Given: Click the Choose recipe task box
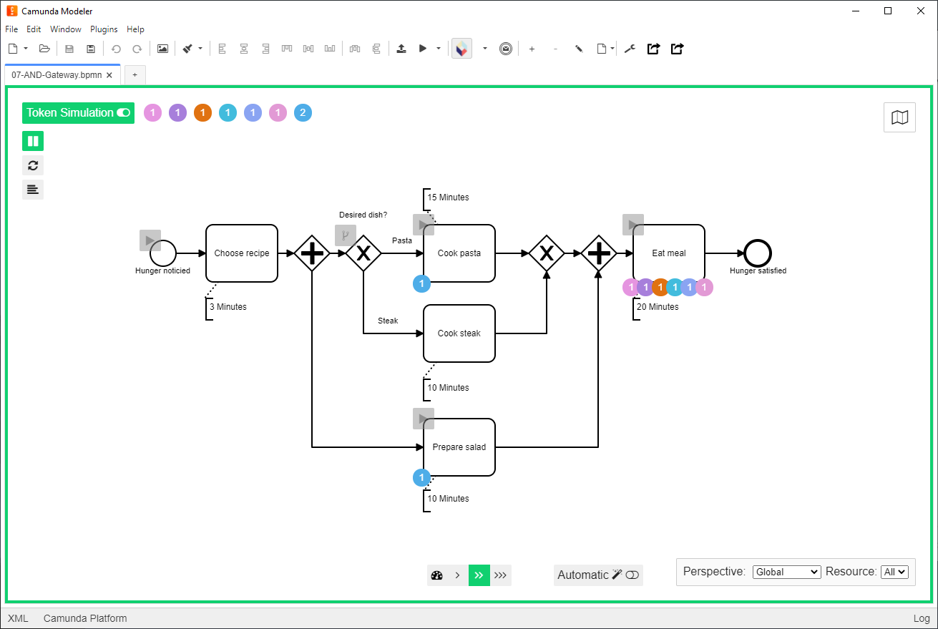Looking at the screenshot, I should tap(242, 253).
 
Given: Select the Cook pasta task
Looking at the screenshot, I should tap(459, 253).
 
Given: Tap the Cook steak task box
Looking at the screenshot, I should tap(459, 333).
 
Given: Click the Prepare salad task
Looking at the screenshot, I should tap(459, 447).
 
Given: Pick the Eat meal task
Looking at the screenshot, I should tap(669, 253).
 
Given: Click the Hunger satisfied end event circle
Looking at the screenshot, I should tap(758, 253).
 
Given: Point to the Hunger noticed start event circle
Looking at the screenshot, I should tap(163, 253).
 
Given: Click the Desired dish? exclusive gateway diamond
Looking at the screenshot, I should tap(363, 253).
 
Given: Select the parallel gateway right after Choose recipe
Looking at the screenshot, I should tap(312, 253).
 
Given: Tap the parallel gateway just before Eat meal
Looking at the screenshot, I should tap(598, 253).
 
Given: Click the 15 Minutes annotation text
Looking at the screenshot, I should tap(448, 198).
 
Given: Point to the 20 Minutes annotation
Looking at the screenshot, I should tap(658, 307).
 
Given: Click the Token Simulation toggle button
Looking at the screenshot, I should tap(79, 113).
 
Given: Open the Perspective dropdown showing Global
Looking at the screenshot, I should tap(786, 572).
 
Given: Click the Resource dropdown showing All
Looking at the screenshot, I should tap(894, 572).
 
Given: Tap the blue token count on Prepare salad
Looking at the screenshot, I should tap(422, 477).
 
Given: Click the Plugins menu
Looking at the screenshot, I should tap(104, 29).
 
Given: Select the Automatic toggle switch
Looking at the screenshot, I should tap(632, 575).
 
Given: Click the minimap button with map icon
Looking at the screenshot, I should tap(899, 117).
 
